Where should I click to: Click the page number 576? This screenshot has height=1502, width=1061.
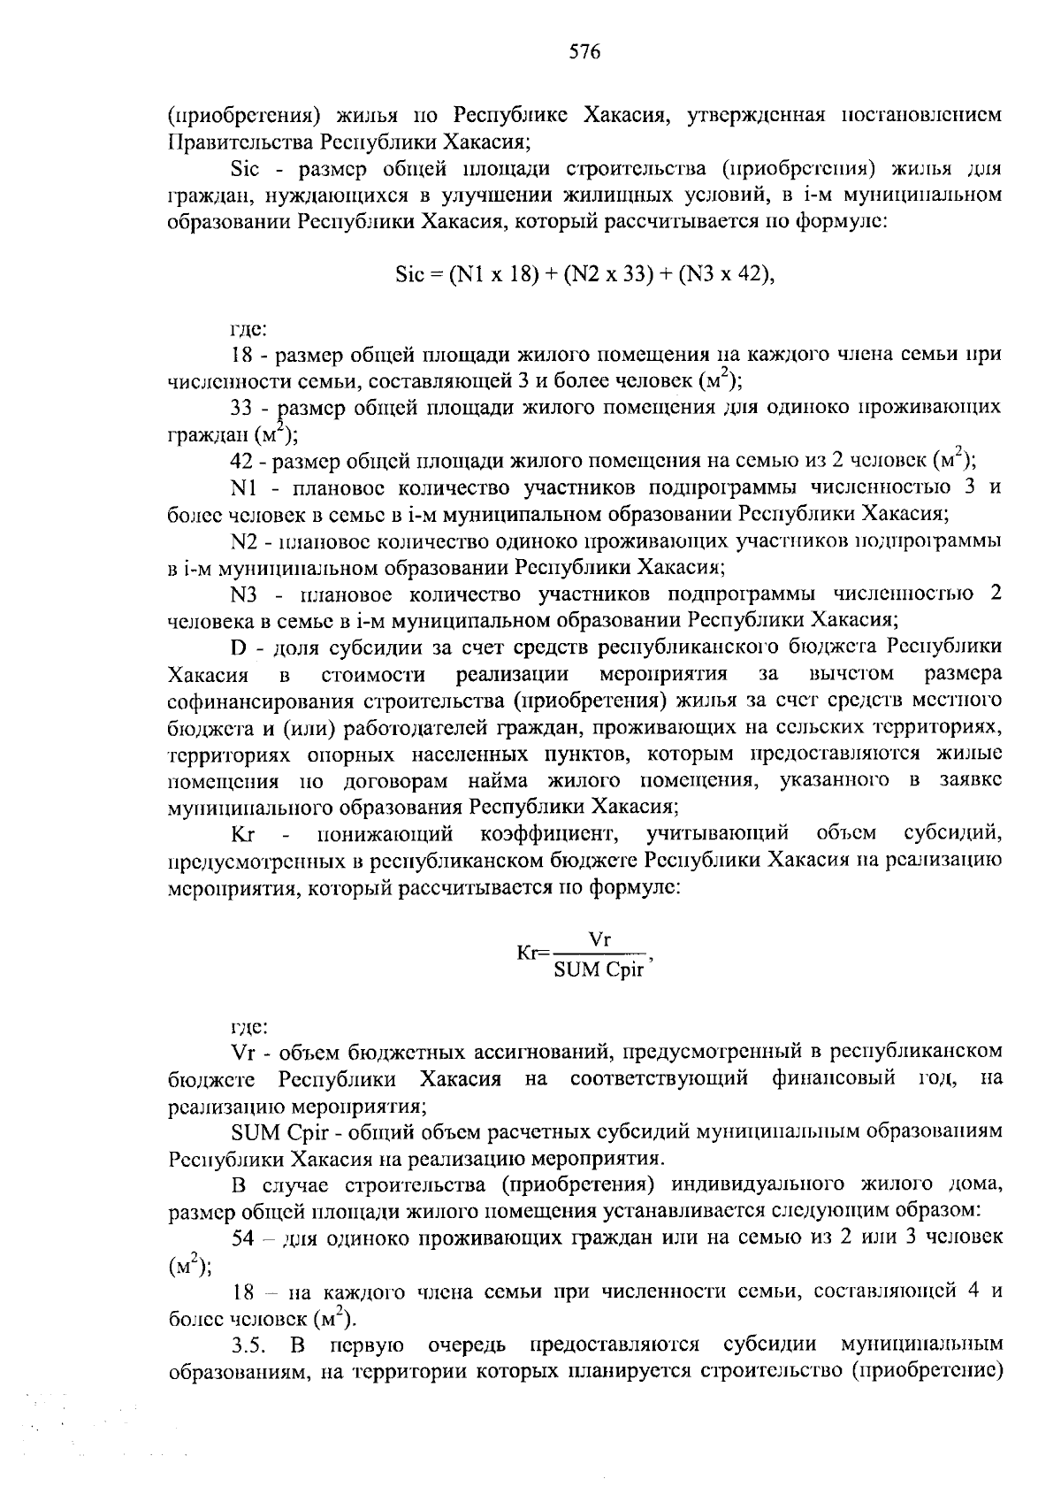[584, 53]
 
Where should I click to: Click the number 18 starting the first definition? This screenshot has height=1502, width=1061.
[242, 356]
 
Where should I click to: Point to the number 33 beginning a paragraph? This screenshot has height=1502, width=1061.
[242, 408]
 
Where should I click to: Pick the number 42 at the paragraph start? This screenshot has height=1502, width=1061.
[242, 461]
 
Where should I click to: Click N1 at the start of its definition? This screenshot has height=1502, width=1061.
[243, 487]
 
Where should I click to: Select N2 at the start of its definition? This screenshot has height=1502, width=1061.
[243, 540]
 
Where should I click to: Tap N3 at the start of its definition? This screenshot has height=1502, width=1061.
[243, 594]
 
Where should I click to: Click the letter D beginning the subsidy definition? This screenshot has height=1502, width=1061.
[237, 648]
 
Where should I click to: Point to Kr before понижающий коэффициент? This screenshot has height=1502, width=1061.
[242, 834]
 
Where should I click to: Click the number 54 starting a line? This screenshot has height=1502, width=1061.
[242, 1238]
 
